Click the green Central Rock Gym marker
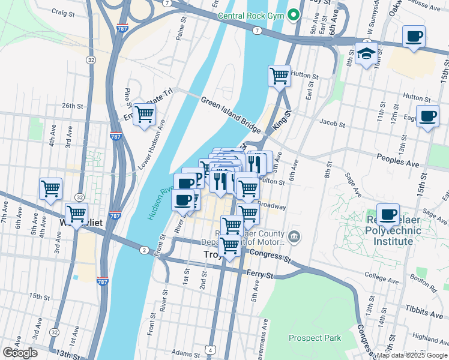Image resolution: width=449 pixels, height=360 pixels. [x=294, y=14]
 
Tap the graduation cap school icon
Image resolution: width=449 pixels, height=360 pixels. [x=366, y=54]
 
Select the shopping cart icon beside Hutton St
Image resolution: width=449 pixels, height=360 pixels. [x=279, y=76]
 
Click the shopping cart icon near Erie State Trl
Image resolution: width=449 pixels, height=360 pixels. [x=144, y=114]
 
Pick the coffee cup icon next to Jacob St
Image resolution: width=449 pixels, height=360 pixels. [x=427, y=116]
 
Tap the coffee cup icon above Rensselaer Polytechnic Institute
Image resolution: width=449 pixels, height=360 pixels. [x=388, y=214]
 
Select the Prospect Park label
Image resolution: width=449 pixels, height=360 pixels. [x=315, y=338]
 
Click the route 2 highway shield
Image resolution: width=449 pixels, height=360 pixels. [x=144, y=250]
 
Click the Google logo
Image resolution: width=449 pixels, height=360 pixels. [x=20, y=353]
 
